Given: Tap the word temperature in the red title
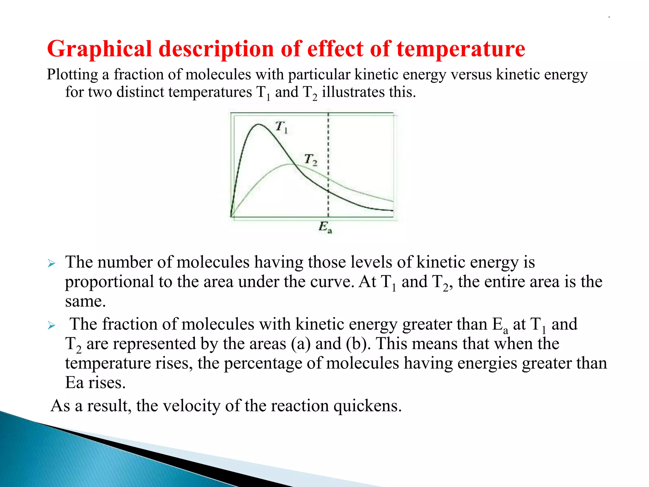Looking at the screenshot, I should click(x=461, y=49).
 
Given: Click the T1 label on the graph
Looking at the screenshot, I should click(x=281, y=127).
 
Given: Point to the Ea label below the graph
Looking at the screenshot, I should click(x=325, y=227).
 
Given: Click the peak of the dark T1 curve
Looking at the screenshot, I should click(x=259, y=124).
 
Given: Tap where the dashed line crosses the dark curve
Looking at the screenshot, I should click(x=328, y=191).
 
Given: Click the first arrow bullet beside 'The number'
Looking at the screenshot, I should click(x=52, y=263).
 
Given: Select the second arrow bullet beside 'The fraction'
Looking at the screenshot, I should click(x=52, y=325).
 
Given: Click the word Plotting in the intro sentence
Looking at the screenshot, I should click(x=72, y=75).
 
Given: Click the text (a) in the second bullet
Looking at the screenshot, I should click(x=301, y=344).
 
